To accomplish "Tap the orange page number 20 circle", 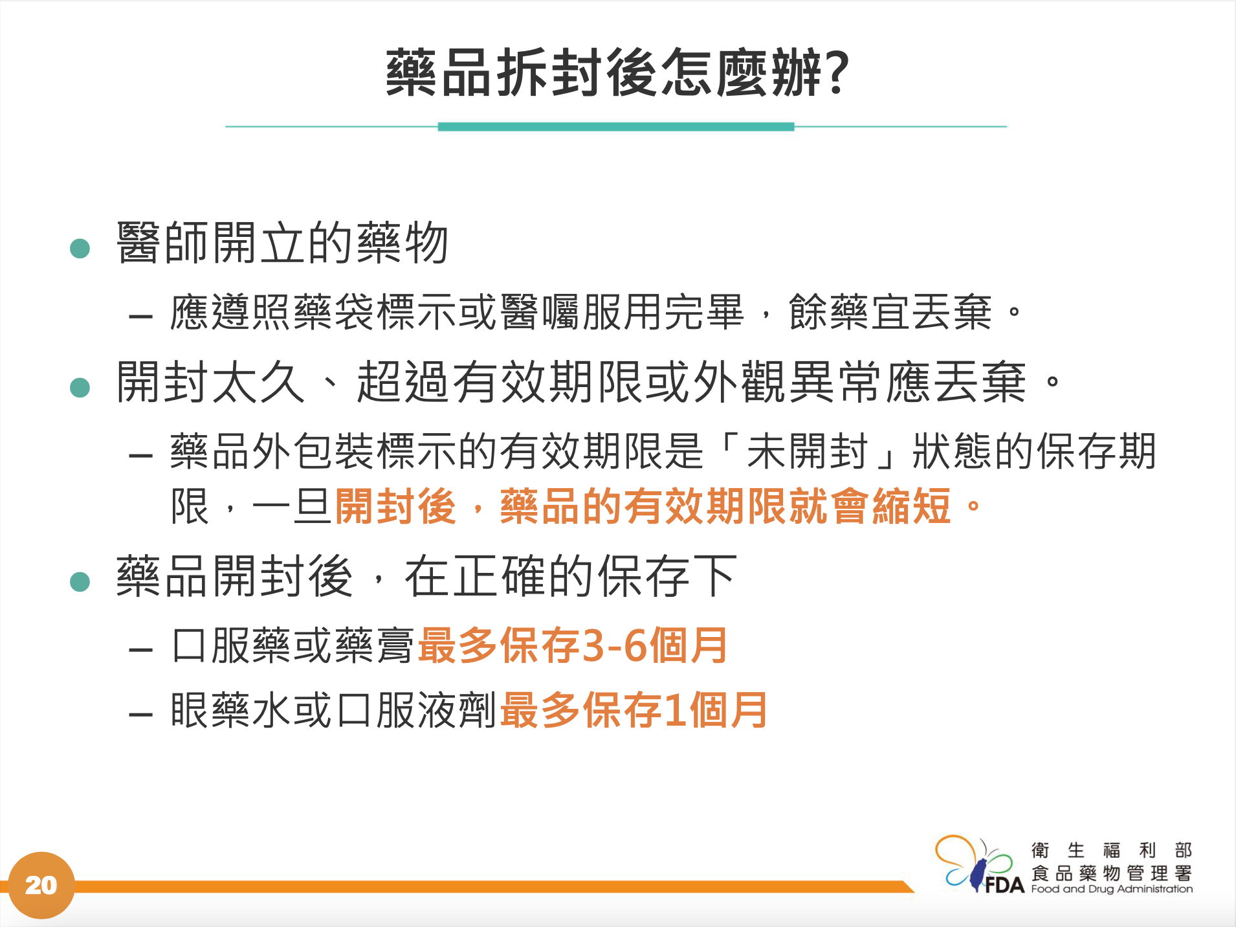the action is [x=41, y=885].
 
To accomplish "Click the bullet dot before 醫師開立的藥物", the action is [x=80, y=248].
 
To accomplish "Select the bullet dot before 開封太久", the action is [x=80, y=387].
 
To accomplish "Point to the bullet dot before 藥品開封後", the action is [x=80, y=581].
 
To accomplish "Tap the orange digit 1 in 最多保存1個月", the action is [x=675, y=710].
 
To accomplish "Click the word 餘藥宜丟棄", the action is [x=890, y=312].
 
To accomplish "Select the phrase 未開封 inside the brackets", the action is [x=807, y=451].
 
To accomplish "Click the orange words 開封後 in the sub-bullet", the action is [x=395, y=506].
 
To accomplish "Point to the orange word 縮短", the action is [x=911, y=506].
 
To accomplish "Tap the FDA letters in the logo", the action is [x=1004, y=885].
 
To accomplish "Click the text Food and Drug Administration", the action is [x=1112, y=889].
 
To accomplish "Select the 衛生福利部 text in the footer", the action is [x=1112, y=850].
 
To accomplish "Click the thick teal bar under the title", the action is [x=616, y=127].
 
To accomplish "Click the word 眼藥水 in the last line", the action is [x=232, y=710].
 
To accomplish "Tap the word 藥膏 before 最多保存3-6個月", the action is [x=375, y=645].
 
